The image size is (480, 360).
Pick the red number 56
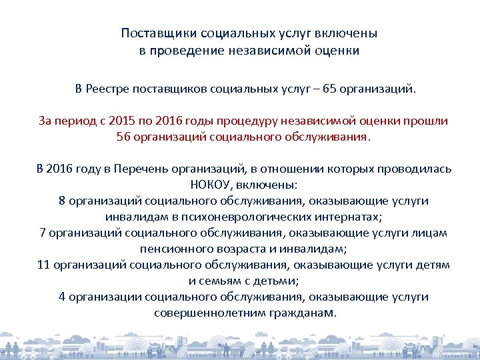[x=124, y=137]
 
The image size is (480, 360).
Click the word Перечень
[x=142, y=169]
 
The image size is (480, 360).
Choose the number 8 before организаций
[x=62, y=201]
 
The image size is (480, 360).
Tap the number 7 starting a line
[x=43, y=233]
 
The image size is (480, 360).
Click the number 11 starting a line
[x=44, y=265]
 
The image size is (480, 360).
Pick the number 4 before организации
[x=62, y=297]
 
